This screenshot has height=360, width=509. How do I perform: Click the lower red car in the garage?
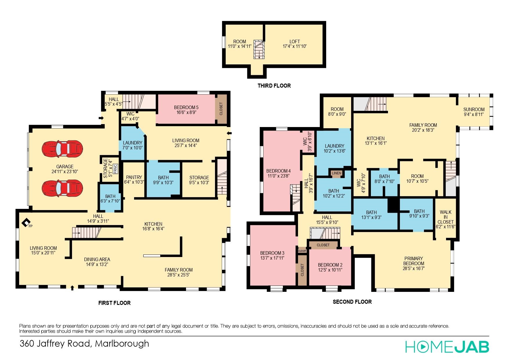[62, 188]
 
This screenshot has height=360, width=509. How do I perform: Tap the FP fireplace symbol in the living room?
[27, 222]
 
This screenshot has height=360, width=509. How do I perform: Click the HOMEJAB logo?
[447, 347]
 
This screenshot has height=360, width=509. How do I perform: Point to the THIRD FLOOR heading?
[274, 86]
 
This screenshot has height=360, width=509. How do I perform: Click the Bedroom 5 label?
[186, 107]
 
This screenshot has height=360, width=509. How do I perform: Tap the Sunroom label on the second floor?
[474, 109]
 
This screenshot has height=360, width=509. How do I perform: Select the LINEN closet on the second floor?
[336, 173]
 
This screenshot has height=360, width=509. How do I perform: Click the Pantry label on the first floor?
[134, 177]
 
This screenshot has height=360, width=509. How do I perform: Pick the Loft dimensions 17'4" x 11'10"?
[295, 46]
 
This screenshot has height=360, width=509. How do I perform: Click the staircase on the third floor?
[259, 49]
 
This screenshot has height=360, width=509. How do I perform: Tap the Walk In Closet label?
[445, 217]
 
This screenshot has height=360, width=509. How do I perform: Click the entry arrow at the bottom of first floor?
[72, 287]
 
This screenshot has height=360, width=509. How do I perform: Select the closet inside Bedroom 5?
[221, 108]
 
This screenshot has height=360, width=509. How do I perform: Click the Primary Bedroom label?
[414, 261]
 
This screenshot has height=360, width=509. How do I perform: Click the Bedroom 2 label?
[330, 265]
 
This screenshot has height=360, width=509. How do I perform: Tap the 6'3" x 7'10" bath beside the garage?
[110, 198]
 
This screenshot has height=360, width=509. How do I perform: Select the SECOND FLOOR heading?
[352, 302]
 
